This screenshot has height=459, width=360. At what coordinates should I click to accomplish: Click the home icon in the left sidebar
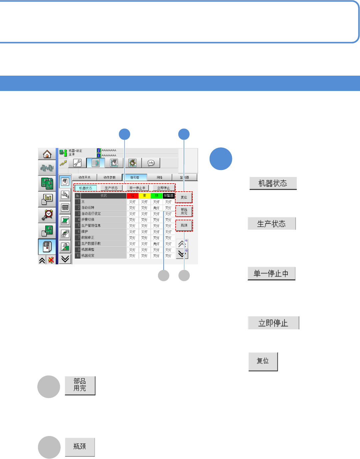pyautogui.click(x=47, y=154)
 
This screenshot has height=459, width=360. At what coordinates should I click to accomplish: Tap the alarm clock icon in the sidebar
pyautogui.click(x=47, y=214)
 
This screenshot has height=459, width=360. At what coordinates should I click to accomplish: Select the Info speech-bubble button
pyautogui.click(x=151, y=163)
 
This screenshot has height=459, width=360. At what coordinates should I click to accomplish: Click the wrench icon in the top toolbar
pyautogui.click(x=77, y=163)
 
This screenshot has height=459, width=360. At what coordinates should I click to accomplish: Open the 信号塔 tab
pyautogui.click(x=135, y=177)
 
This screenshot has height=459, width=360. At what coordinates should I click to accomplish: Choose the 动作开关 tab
pyautogui.click(x=84, y=177)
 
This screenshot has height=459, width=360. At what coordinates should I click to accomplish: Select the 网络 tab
pyautogui.click(x=160, y=177)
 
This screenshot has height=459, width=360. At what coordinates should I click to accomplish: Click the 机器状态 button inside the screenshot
pyautogui.click(x=86, y=188)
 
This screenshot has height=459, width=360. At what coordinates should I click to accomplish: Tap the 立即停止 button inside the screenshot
pyautogui.click(x=163, y=188)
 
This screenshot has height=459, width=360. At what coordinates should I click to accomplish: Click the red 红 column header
pyautogui.click(x=132, y=196)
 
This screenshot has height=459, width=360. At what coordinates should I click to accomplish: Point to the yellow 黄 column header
pyautogui.click(x=144, y=196)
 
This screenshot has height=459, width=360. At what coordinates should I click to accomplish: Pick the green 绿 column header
pyautogui.click(x=156, y=196)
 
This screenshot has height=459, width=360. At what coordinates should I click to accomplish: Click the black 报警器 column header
pyautogui.click(x=169, y=196)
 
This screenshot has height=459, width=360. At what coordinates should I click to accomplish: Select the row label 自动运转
pyautogui.click(x=88, y=208)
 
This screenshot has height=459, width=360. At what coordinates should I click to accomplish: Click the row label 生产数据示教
pyautogui.click(x=91, y=244)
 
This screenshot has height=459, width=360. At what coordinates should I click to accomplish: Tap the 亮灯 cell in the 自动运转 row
pyautogui.click(x=156, y=208)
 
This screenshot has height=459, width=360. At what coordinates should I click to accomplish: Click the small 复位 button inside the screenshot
pyautogui.click(x=184, y=197)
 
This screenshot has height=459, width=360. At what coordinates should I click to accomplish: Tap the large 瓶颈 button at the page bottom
pyautogui.click(x=80, y=447)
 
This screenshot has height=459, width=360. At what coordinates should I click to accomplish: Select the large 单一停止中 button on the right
pyautogui.click(x=271, y=274)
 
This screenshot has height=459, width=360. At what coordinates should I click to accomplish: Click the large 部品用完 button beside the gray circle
pyautogui.click(x=80, y=385)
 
